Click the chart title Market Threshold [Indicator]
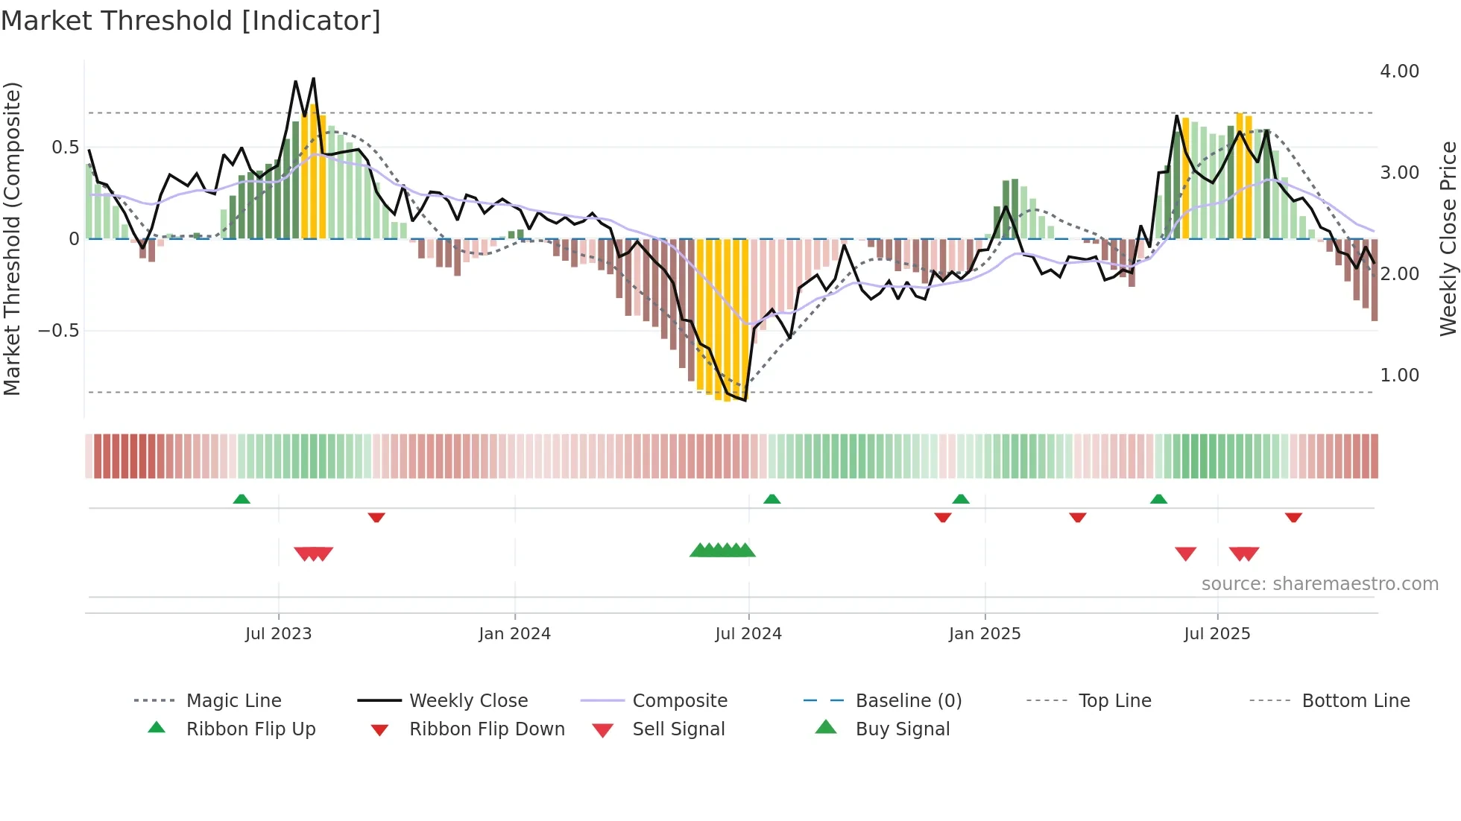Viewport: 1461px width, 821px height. [x=191, y=21]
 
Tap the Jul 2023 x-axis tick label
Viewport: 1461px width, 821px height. [x=278, y=634]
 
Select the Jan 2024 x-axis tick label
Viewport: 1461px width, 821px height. [x=514, y=634]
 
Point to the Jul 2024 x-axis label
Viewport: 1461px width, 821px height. [x=748, y=634]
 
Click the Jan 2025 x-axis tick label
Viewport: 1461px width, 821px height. [x=985, y=634]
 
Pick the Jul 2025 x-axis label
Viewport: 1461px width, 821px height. [x=1217, y=634]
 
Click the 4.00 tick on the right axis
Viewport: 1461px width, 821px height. [x=1399, y=72]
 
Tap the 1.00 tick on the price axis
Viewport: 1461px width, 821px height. [x=1399, y=375]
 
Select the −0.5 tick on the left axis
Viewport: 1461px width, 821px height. [x=58, y=331]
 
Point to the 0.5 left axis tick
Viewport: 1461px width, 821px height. [x=65, y=148]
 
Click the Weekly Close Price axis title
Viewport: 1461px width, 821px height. [x=1448, y=238]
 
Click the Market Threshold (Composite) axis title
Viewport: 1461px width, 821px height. [x=12, y=238]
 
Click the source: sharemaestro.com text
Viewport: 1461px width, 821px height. [x=1319, y=584]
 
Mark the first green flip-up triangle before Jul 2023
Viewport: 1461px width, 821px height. [x=242, y=499]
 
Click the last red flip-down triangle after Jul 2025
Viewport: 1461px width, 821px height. [x=1293, y=517]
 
